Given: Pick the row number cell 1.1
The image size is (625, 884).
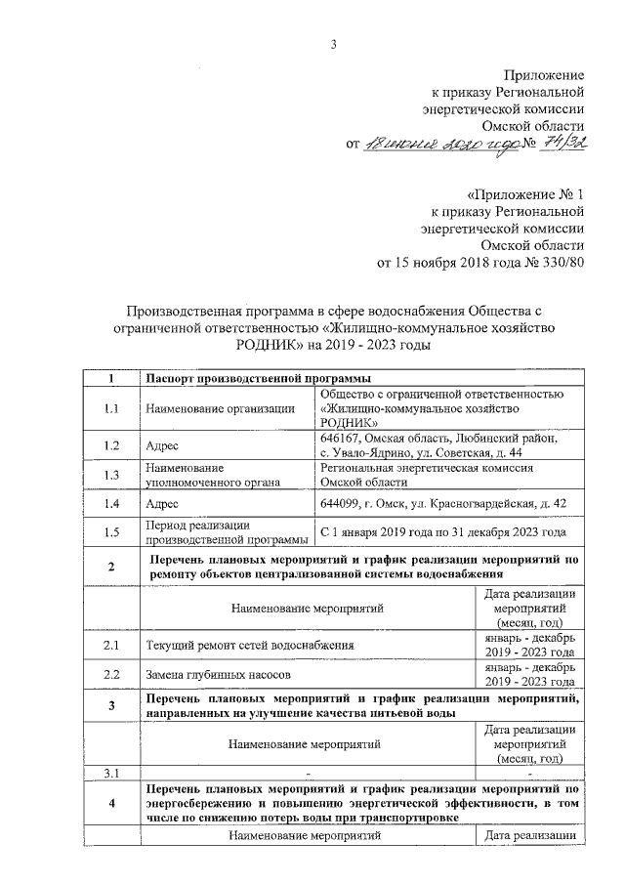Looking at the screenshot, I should click(x=112, y=408).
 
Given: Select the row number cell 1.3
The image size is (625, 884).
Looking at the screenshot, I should click(x=112, y=475).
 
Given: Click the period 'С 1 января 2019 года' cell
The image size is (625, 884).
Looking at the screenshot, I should click(x=442, y=532).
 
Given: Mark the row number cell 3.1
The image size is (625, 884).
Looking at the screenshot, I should click(x=112, y=775).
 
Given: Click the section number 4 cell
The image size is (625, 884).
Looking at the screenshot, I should click(x=112, y=803).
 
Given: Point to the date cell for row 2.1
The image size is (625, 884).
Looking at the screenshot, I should click(x=528, y=646).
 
